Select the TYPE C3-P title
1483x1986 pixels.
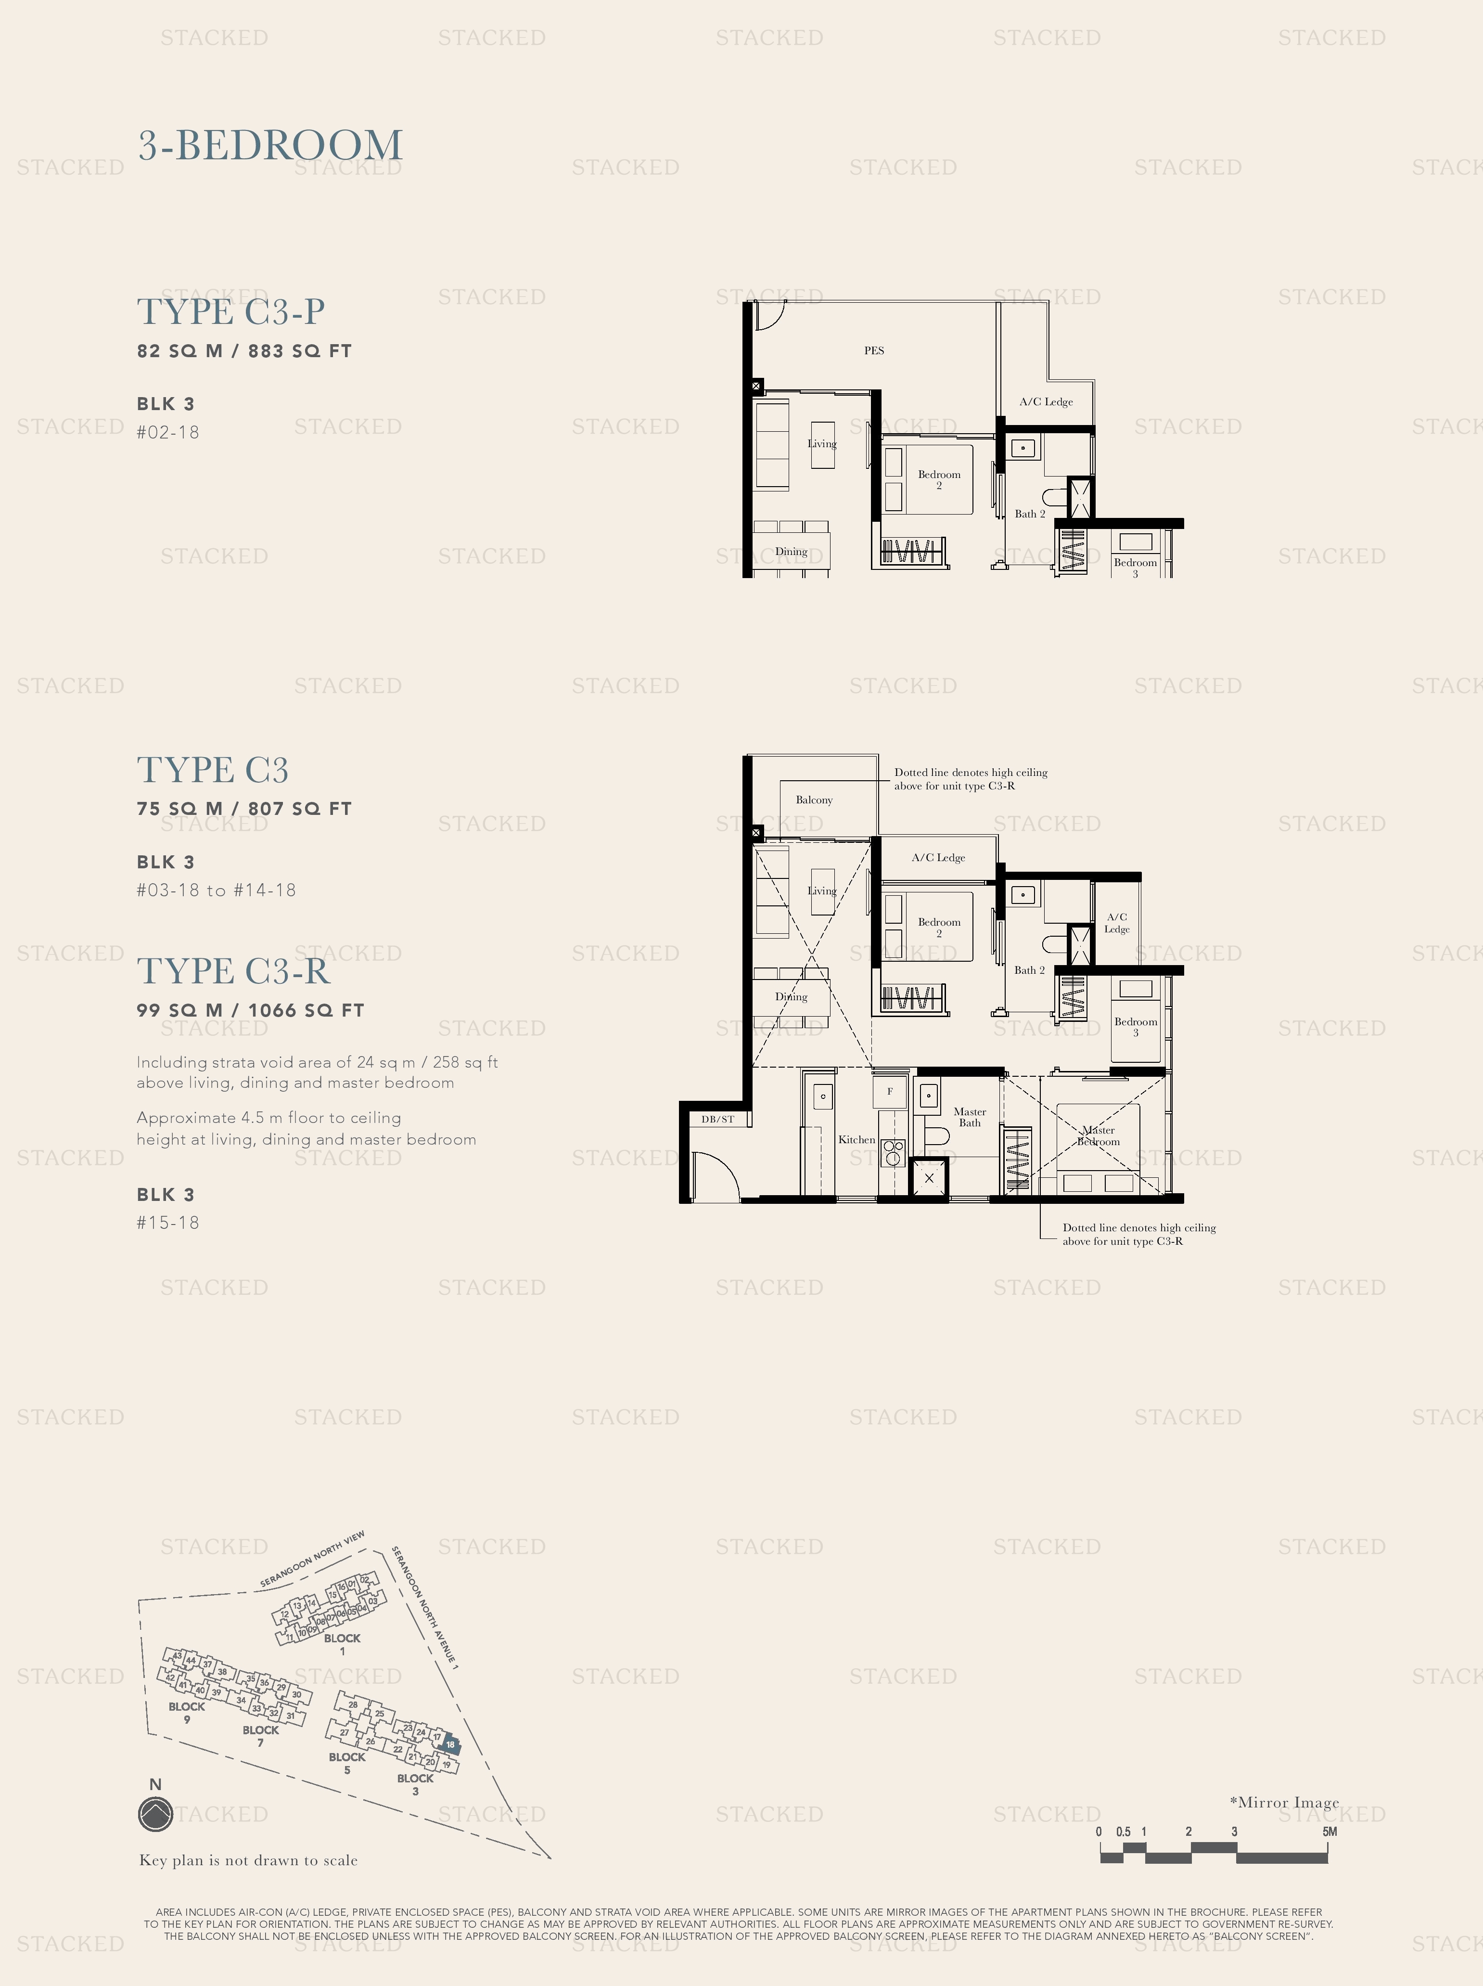click(230, 311)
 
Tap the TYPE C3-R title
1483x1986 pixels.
click(233, 970)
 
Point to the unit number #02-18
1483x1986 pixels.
click(168, 432)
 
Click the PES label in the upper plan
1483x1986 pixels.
click(873, 350)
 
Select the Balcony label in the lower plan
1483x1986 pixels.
click(813, 799)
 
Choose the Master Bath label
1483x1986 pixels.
click(970, 1117)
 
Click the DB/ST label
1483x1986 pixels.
click(717, 1119)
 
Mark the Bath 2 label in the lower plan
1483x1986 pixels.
click(1029, 970)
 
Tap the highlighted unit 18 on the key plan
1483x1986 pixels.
click(451, 1744)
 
